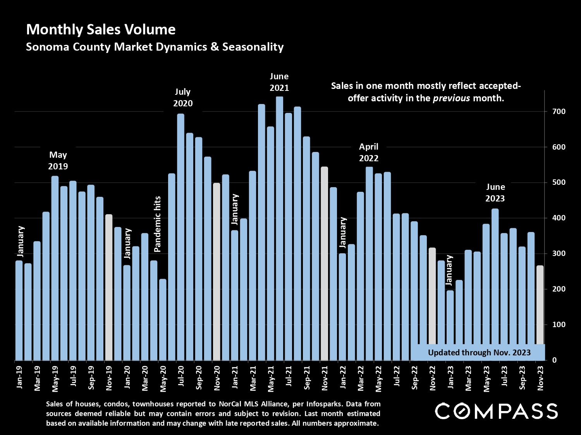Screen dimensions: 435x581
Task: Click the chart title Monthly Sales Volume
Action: point(101,29)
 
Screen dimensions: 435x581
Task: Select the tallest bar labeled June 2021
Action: point(279,228)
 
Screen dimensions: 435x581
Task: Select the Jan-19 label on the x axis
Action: point(19,377)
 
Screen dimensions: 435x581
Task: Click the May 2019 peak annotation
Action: point(58,160)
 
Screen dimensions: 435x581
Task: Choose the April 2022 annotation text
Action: point(368,152)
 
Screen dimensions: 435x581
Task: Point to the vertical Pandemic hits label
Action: point(157,224)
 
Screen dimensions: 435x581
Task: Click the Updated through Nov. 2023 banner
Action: point(479,352)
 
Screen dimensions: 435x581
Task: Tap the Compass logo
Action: point(496,411)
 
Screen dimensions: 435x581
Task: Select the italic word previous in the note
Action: point(451,98)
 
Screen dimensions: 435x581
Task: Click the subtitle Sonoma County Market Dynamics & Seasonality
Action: point(155,47)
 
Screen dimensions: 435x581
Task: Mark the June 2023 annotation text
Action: point(495,193)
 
